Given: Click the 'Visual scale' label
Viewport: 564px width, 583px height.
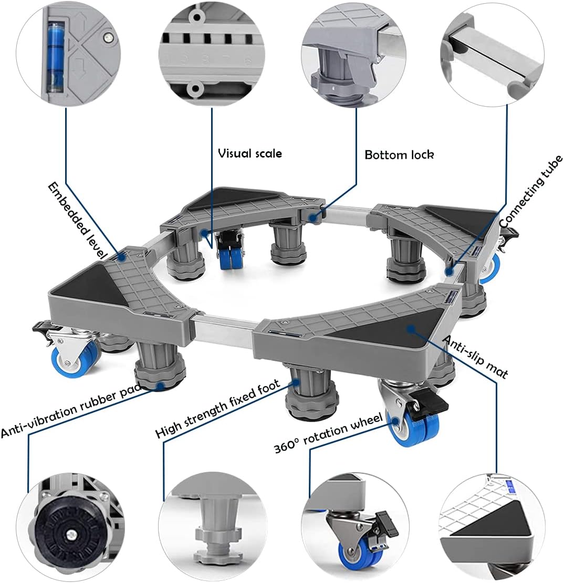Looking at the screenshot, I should click(250, 153).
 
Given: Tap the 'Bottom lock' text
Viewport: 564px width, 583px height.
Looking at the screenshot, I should click(399, 155).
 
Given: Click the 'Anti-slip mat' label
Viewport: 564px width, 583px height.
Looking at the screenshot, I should click(476, 357).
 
